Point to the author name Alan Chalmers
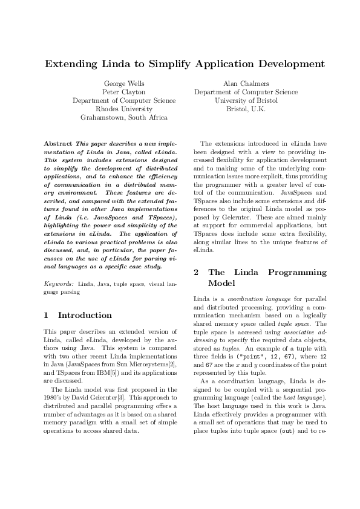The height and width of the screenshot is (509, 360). (246, 83)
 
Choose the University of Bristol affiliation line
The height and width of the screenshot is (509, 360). (246, 100)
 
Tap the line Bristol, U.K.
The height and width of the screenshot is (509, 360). (246, 109)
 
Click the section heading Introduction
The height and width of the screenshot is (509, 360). (85, 315)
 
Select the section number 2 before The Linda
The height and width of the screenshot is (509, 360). (196, 272)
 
